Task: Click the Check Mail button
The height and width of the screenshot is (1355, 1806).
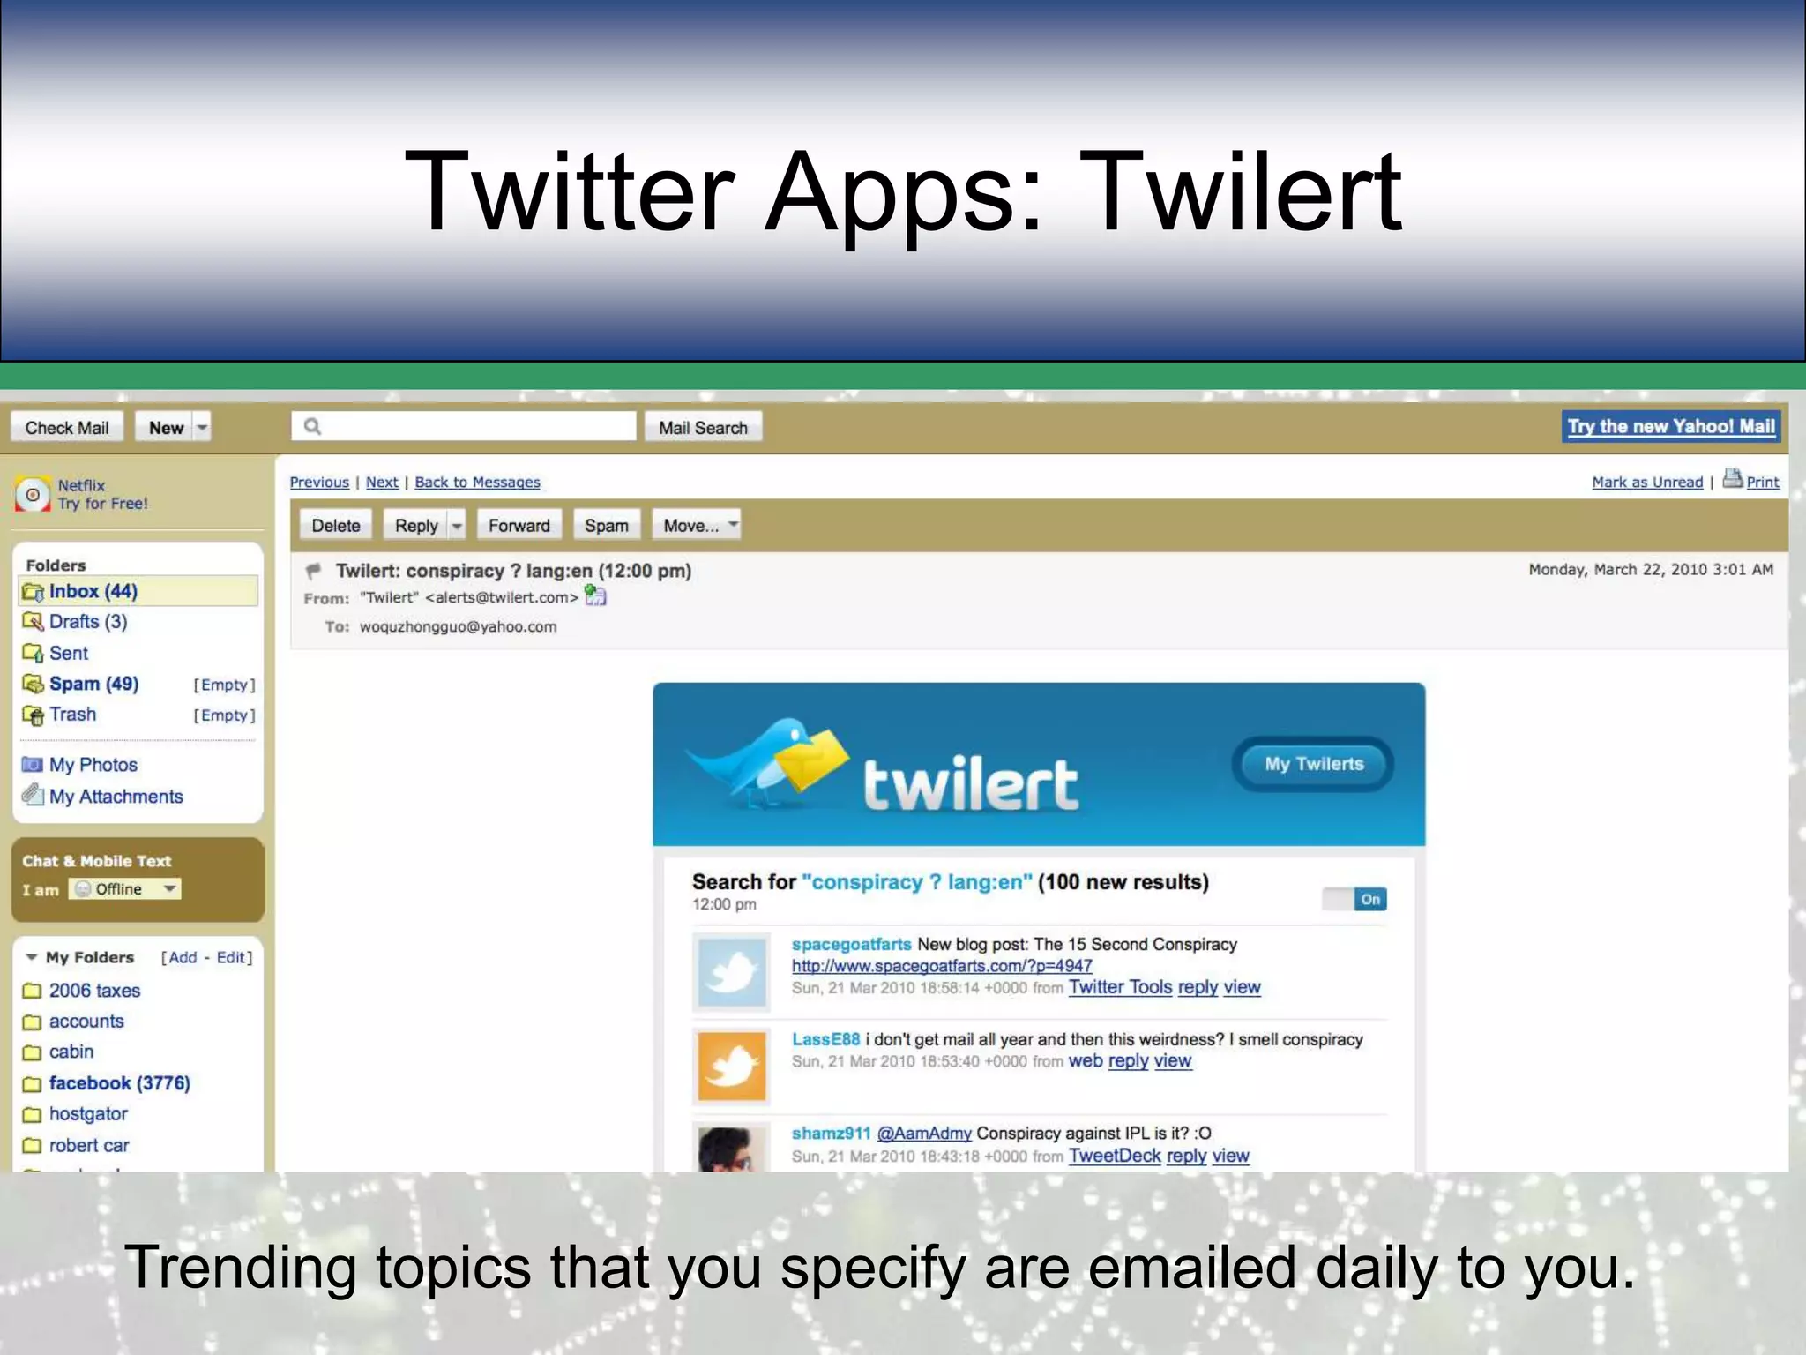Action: point(67,428)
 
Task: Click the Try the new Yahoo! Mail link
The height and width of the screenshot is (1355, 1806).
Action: point(1670,427)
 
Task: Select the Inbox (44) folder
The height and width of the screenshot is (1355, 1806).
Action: point(93,591)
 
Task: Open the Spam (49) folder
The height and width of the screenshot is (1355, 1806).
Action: point(93,684)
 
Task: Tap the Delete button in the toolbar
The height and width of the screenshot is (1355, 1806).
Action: point(336,526)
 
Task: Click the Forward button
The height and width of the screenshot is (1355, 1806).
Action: point(519,526)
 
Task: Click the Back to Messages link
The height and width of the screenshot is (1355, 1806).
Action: point(477,483)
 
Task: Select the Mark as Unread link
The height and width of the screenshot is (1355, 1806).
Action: point(1646,483)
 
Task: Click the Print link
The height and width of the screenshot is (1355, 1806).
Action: point(1762,483)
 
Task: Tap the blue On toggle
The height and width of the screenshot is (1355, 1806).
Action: point(1369,900)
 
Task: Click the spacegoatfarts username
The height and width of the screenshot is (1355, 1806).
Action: point(851,945)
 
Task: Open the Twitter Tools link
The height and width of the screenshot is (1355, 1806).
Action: point(1120,987)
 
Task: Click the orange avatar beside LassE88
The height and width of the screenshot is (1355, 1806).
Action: point(731,1067)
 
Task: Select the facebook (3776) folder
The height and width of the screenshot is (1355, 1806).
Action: point(119,1083)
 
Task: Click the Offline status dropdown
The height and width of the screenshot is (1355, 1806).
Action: point(125,889)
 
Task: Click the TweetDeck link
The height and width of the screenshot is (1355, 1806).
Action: point(1114,1156)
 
